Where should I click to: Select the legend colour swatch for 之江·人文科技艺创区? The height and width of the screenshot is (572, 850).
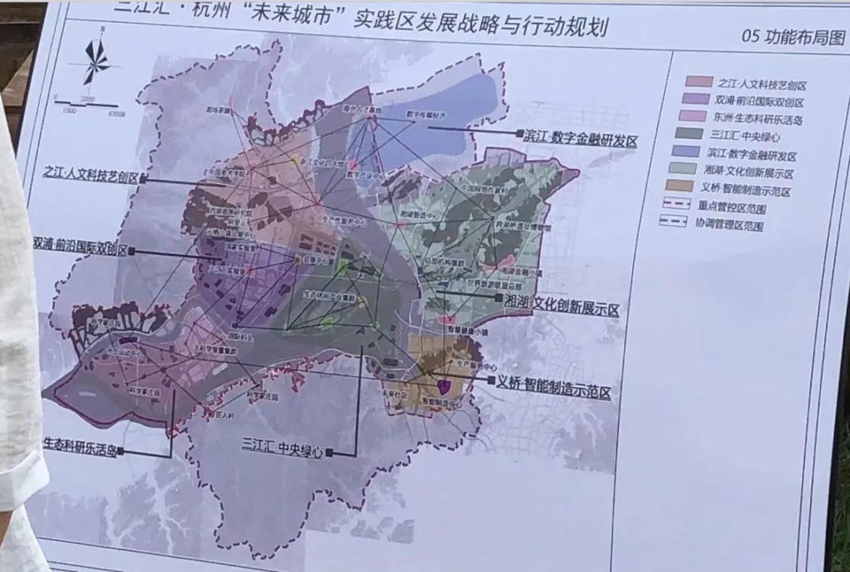(x=698, y=82)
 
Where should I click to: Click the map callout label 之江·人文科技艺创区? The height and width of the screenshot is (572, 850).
(x=91, y=175)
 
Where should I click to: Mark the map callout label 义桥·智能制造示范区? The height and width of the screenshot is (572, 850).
(x=553, y=388)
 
